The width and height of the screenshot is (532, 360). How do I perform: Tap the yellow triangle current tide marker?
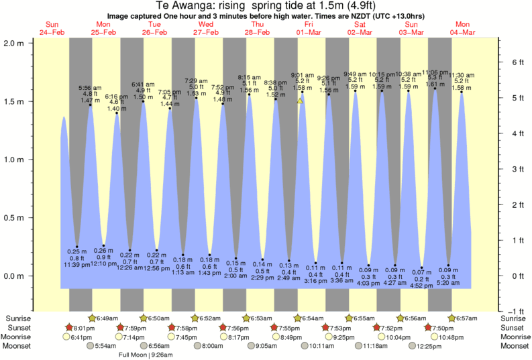coord(300,101)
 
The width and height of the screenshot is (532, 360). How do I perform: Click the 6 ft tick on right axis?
coord(513,62)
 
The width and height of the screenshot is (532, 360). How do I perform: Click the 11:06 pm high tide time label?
coord(435,72)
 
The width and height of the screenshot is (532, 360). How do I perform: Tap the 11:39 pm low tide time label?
coord(76,265)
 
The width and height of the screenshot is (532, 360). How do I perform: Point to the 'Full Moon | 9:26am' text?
coord(146,355)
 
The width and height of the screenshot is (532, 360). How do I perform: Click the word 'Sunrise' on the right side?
coord(515,318)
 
